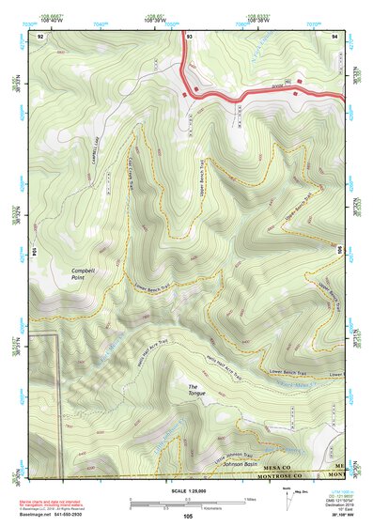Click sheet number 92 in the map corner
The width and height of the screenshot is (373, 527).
[x=40, y=35]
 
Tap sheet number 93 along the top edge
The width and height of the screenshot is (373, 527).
[x=190, y=35]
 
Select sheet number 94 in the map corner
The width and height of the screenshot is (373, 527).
[x=334, y=35]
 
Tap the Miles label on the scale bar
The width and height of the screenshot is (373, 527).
[x=249, y=499]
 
